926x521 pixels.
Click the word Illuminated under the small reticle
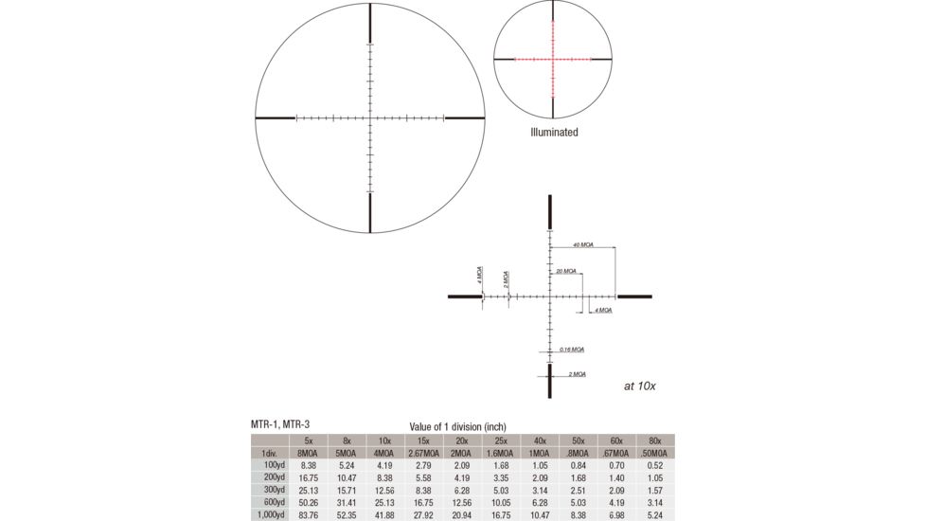click(x=554, y=133)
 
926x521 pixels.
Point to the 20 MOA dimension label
click(x=567, y=271)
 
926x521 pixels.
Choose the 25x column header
click(x=501, y=440)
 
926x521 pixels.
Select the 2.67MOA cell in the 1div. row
click(x=423, y=453)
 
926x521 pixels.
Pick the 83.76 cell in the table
click(x=307, y=514)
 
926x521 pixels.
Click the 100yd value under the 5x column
click(x=307, y=465)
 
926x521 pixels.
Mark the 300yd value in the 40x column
click(x=540, y=490)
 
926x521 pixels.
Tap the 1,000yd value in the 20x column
click(x=462, y=514)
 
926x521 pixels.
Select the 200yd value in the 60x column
click(x=616, y=477)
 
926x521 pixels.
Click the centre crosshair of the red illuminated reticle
click(x=553, y=59)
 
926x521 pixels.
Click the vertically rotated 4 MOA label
click(x=478, y=276)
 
